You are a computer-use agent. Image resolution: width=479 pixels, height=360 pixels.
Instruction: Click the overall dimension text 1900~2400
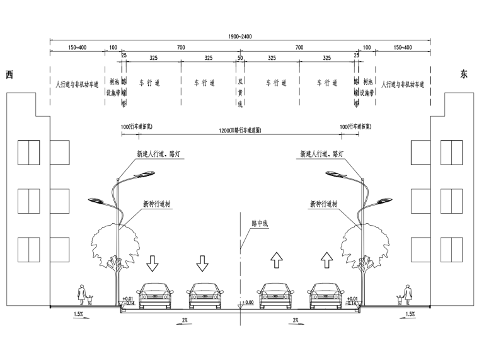(x=241, y=37)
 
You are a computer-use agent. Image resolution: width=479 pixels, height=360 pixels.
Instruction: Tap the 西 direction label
(x=9, y=75)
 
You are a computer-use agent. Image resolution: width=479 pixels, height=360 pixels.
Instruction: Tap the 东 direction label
(x=465, y=74)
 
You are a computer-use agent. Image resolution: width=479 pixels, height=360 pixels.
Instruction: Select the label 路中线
(x=260, y=223)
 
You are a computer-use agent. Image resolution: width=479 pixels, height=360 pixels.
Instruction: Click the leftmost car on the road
(x=155, y=296)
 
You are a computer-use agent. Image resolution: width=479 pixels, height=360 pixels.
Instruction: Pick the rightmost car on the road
(x=326, y=296)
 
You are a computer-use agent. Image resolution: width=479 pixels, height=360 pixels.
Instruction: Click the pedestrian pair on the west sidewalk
(x=84, y=295)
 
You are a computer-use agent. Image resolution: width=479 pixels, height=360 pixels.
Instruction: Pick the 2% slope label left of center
(x=183, y=320)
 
